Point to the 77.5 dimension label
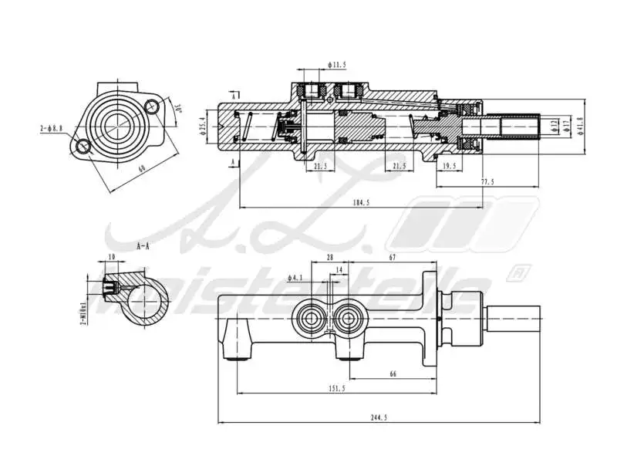pos(487,182)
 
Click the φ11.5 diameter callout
pos(336,66)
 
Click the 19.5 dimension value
pos(448,165)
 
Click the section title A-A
pos(143,247)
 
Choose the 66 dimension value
pos(393,374)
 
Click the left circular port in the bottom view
pos(312,319)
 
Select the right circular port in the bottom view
pos(350,319)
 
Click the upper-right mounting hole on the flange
pos(154,108)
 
